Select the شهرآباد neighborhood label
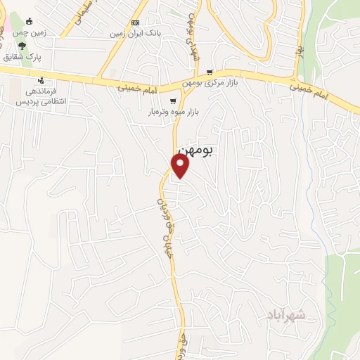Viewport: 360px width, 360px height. click(x=287, y=316)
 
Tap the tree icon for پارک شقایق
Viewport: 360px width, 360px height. click(x=23, y=45)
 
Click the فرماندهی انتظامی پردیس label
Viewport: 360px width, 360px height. click(x=41, y=96)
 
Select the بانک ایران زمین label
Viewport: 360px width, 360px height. click(x=135, y=32)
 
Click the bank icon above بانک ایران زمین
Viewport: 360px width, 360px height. click(x=135, y=22)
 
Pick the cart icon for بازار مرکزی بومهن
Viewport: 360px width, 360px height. click(x=210, y=72)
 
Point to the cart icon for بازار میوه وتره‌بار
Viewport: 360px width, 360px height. click(x=173, y=101)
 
